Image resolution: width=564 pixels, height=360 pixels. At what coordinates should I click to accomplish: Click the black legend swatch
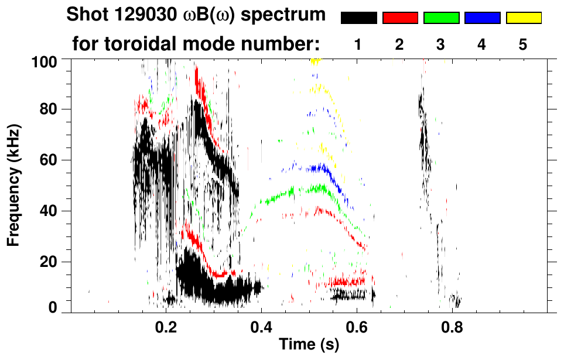point(359,18)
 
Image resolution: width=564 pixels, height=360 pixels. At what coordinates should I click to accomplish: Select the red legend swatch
point(400,18)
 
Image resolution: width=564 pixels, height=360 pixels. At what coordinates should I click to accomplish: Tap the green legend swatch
point(441,18)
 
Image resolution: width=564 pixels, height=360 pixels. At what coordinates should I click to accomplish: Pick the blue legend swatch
point(482,18)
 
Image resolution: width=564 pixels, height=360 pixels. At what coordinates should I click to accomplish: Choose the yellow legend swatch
point(524,18)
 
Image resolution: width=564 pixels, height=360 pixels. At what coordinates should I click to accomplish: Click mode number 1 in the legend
point(358,45)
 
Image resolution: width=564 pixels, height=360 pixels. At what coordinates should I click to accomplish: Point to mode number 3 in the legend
point(441,45)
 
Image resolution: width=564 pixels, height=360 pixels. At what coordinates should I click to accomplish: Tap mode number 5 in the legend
point(523,45)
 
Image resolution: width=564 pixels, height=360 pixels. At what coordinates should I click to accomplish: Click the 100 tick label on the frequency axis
point(45,61)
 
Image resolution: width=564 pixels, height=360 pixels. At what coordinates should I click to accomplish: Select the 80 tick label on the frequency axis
point(49,110)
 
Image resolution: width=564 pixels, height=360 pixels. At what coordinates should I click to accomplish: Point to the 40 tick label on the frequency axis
point(49,211)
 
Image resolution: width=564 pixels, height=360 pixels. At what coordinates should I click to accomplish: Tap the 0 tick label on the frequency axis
point(53,308)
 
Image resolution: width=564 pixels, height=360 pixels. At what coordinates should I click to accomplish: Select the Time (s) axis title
point(309,345)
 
